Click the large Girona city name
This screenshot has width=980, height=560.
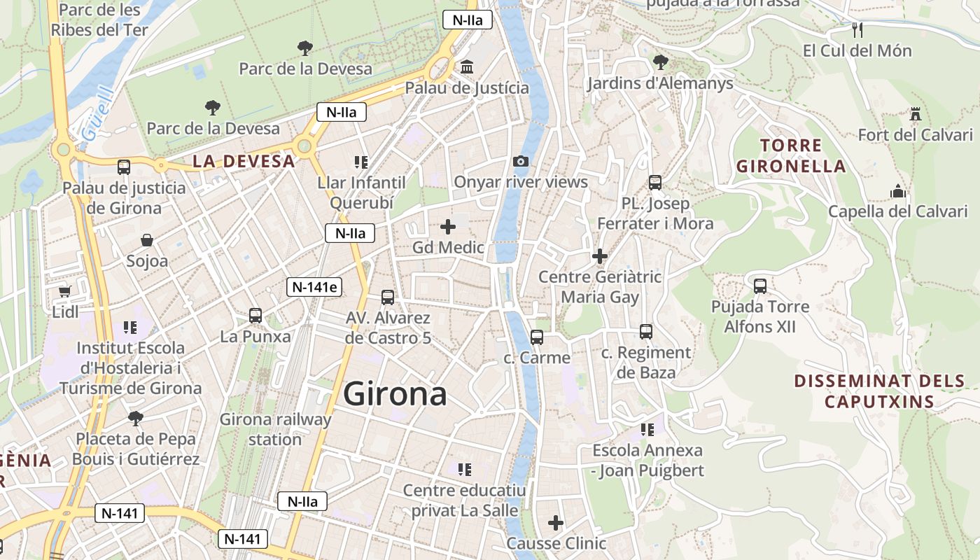tap(395, 394)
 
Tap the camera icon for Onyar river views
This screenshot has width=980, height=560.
tap(520, 162)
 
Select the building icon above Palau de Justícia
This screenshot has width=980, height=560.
tap(466, 67)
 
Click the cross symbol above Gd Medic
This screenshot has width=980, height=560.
tap(447, 227)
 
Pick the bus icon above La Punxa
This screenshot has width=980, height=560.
tap(255, 316)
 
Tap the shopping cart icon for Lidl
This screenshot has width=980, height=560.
tap(65, 291)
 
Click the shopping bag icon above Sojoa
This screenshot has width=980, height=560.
tap(147, 241)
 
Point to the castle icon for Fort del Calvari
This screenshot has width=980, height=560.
tap(915, 114)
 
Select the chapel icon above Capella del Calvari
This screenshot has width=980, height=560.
tap(897, 190)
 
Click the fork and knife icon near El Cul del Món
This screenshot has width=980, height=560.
tap(857, 30)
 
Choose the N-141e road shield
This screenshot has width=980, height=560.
tap(314, 286)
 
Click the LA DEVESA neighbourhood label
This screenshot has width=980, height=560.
tap(244, 161)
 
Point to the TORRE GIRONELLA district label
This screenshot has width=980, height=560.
tap(801, 156)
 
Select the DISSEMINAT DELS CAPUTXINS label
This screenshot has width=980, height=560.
tap(879, 391)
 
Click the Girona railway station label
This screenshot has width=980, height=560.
tap(275, 429)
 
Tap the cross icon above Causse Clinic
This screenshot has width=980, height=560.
tap(556, 523)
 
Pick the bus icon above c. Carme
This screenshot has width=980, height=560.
tap(537, 337)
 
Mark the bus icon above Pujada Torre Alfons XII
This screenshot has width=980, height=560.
tap(760, 286)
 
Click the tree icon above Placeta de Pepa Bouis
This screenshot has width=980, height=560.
tap(135, 419)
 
